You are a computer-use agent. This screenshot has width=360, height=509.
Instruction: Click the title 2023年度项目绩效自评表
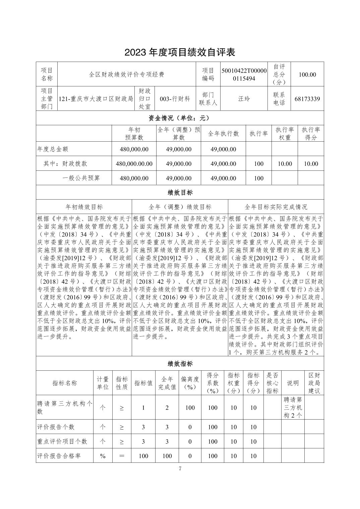180,52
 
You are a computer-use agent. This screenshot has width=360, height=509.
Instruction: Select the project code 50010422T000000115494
244,74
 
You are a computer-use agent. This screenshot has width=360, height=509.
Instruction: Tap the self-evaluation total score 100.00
307,74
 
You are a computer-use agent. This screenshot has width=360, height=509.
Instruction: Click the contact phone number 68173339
307,99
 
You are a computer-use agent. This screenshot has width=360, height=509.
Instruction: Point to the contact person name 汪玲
244,99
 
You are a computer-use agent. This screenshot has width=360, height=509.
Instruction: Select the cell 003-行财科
175,99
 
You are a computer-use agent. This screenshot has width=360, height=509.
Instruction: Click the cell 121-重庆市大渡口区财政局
96,99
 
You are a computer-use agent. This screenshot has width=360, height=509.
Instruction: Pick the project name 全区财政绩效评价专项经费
126,74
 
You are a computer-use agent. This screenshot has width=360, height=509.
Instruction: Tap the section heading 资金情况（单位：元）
180,118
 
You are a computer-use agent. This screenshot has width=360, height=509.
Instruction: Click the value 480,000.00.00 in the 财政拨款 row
134,164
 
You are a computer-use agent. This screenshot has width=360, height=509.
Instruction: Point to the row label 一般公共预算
81,178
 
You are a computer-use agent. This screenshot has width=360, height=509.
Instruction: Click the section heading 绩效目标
180,193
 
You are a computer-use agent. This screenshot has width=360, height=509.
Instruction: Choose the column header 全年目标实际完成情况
276,207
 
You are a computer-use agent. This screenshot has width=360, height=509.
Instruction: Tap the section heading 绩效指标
180,364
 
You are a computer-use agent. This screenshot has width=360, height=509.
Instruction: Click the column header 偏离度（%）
190,383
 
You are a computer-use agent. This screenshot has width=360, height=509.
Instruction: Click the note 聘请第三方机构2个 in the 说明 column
293,408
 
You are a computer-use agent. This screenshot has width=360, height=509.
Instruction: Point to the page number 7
180,469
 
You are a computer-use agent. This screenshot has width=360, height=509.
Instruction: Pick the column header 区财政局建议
314,383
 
